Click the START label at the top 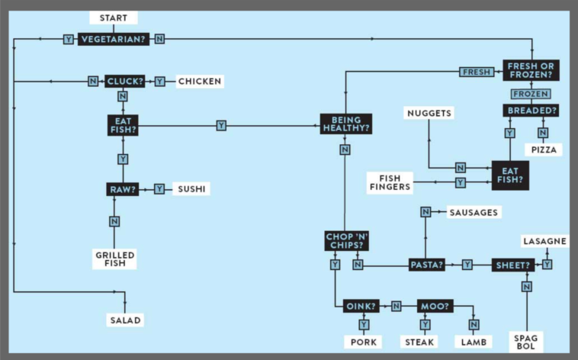pyautogui.click(x=113, y=18)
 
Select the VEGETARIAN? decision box pyautogui.click(x=114, y=39)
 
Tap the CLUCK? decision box pyautogui.click(x=123, y=81)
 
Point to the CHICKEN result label pyautogui.click(x=200, y=81)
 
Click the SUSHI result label pyautogui.click(x=191, y=188)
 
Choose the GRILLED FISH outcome pyautogui.click(x=115, y=259)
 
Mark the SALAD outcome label pyautogui.click(x=125, y=320)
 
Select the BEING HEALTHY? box pyautogui.click(x=345, y=124)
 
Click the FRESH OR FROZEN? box pyautogui.click(x=531, y=71)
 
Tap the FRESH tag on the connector pyautogui.click(x=477, y=72)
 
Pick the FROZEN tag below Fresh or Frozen pyautogui.click(x=531, y=93)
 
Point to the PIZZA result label pyautogui.click(x=542, y=149)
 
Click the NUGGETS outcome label pyautogui.click(x=429, y=113)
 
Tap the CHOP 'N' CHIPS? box pyautogui.click(x=347, y=241)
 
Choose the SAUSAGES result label pyautogui.click(x=474, y=211)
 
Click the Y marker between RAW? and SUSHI pyautogui.click(x=159, y=188)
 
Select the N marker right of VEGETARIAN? pyautogui.click(x=159, y=39)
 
